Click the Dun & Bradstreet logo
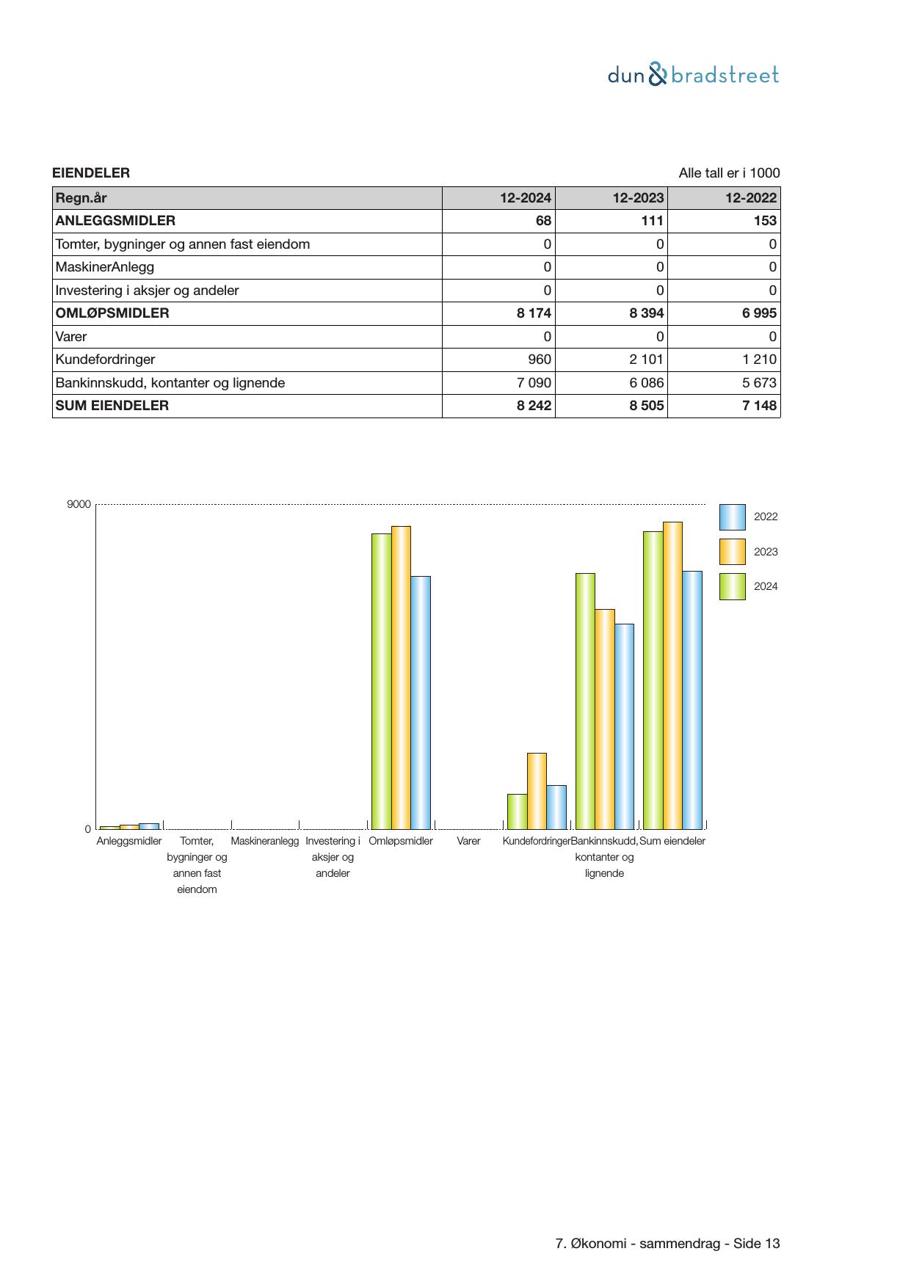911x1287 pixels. coord(693,75)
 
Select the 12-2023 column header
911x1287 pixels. coord(639,198)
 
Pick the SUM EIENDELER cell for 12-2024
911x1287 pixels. coord(534,406)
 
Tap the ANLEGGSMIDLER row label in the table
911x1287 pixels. coord(115,221)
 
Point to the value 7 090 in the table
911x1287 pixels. coord(534,383)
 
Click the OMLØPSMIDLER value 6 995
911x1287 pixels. coord(758,313)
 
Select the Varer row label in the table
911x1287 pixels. coord(71,337)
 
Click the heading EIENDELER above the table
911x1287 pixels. coord(91,173)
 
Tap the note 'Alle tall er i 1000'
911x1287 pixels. coord(729,173)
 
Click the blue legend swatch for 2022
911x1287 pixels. coord(732,517)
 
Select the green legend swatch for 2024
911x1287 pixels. coord(732,587)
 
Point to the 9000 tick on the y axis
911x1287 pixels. coord(79,505)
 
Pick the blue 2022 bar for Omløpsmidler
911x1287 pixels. coord(421,702)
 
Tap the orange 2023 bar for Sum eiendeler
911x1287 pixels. coord(672,675)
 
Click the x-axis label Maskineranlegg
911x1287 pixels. coord(265,841)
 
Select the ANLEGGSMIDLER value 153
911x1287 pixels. coord(764,221)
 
